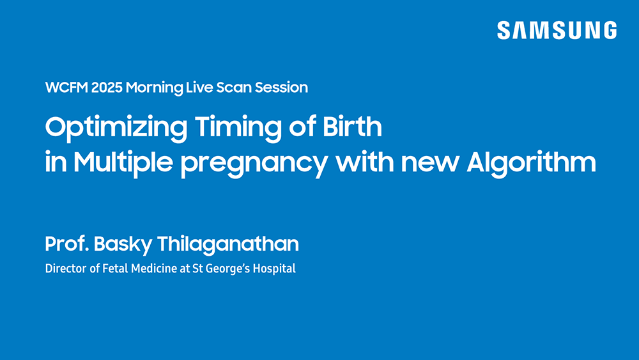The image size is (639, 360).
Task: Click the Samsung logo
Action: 557,30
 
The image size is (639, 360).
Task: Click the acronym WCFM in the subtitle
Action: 66,88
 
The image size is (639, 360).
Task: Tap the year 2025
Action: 107,88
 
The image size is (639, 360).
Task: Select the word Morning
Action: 154,88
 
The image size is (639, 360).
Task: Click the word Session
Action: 281,88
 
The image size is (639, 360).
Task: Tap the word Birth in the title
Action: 353,127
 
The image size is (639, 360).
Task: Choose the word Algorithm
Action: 531,163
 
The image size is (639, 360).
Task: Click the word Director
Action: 65,269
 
